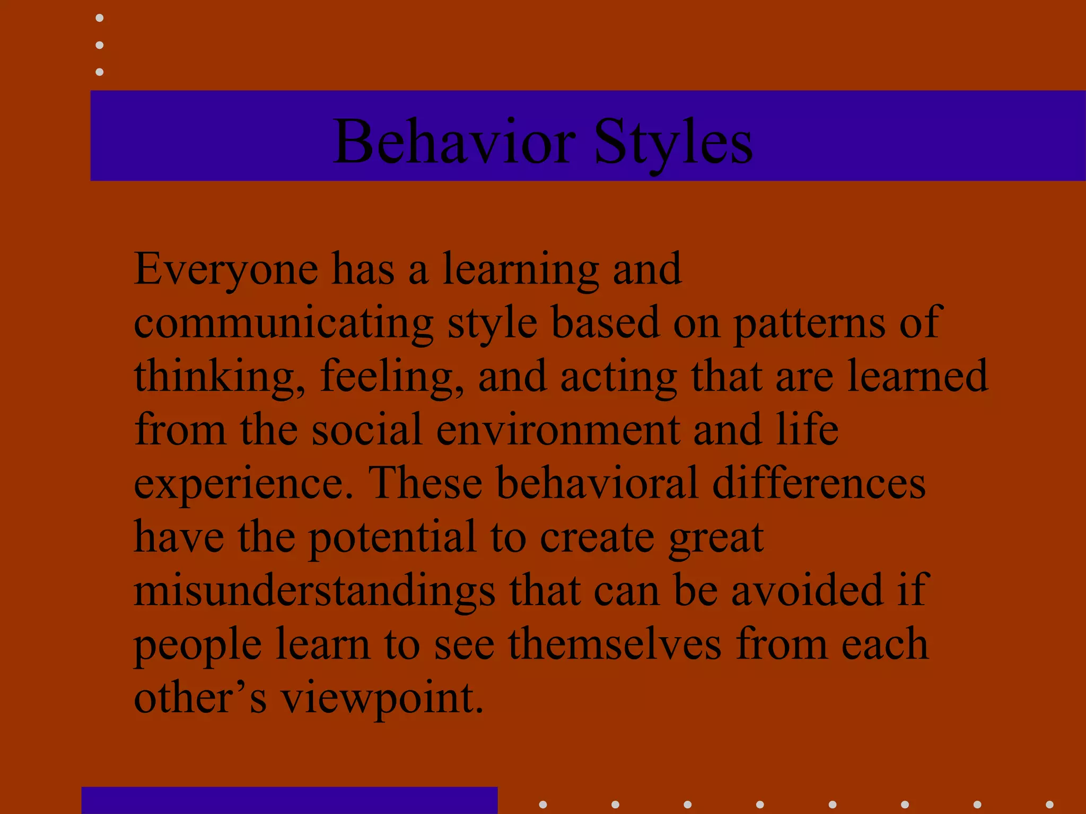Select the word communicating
(x=283, y=323)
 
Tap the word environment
(x=558, y=429)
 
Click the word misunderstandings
(x=314, y=590)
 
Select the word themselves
(x=615, y=644)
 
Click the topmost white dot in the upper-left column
(x=99, y=18)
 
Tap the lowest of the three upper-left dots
(x=99, y=72)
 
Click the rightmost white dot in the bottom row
(x=1049, y=804)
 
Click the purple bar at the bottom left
(x=290, y=800)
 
